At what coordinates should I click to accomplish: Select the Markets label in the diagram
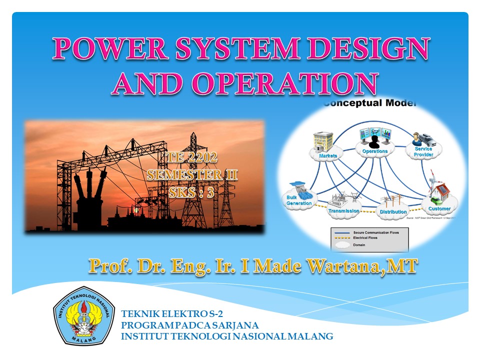coord(328,155)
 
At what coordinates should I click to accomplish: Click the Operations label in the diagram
coord(374,151)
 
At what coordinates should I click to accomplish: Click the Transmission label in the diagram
coord(343,211)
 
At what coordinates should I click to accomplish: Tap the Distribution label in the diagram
coord(393,212)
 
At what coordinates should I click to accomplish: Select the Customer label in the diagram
coord(439,208)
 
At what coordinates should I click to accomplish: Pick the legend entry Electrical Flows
coord(365,238)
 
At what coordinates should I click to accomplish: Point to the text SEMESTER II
coord(192,175)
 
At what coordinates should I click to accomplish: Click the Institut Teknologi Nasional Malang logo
coord(84,316)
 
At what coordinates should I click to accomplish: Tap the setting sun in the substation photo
coord(134,212)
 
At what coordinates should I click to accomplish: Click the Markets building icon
coord(322,141)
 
